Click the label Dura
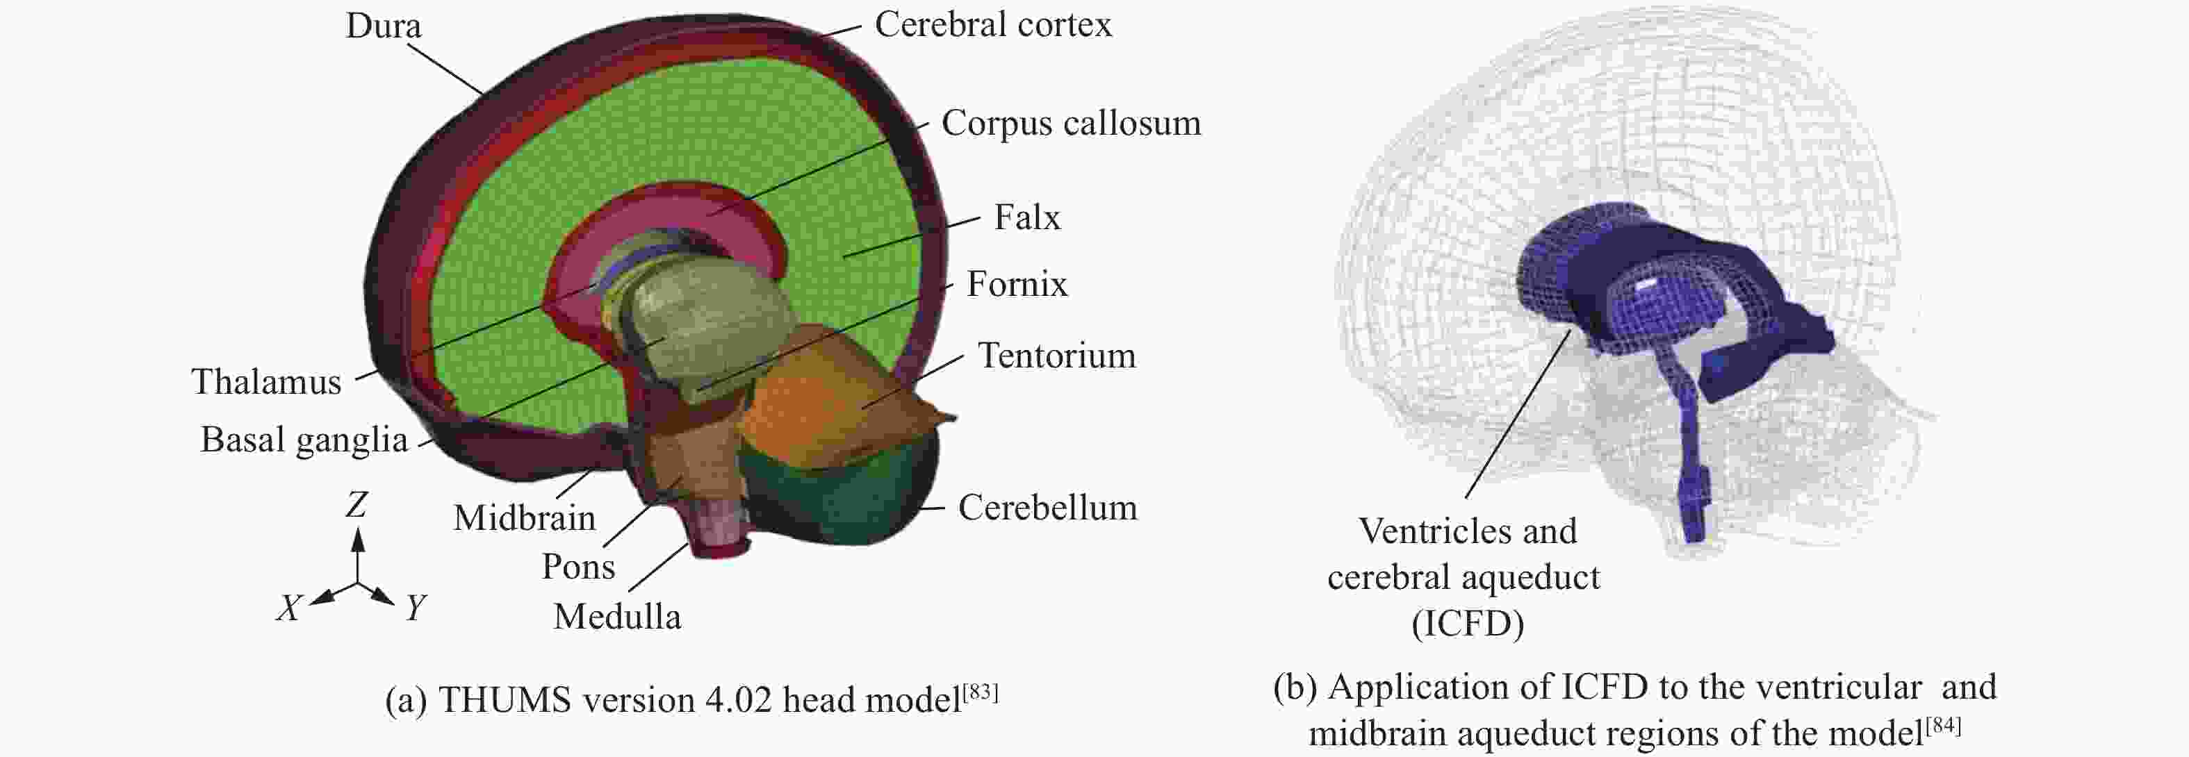click(x=383, y=26)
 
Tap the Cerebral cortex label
click(x=992, y=24)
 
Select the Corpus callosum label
click(x=1071, y=123)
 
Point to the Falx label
click(x=1026, y=217)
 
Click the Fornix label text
click(x=1016, y=285)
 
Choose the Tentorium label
click(x=1056, y=356)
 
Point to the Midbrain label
click(x=524, y=518)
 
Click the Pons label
click(x=578, y=567)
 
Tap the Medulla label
click(x=617, y=617)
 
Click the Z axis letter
click(x=356, y=506)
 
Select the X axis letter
click(x=289, y=608)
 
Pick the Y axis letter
click(x=415, y=608)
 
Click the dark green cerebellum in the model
click(x=842, y=501)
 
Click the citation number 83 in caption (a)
click(x=981, y=692)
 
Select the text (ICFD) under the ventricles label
click(x=1468, y=624)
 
